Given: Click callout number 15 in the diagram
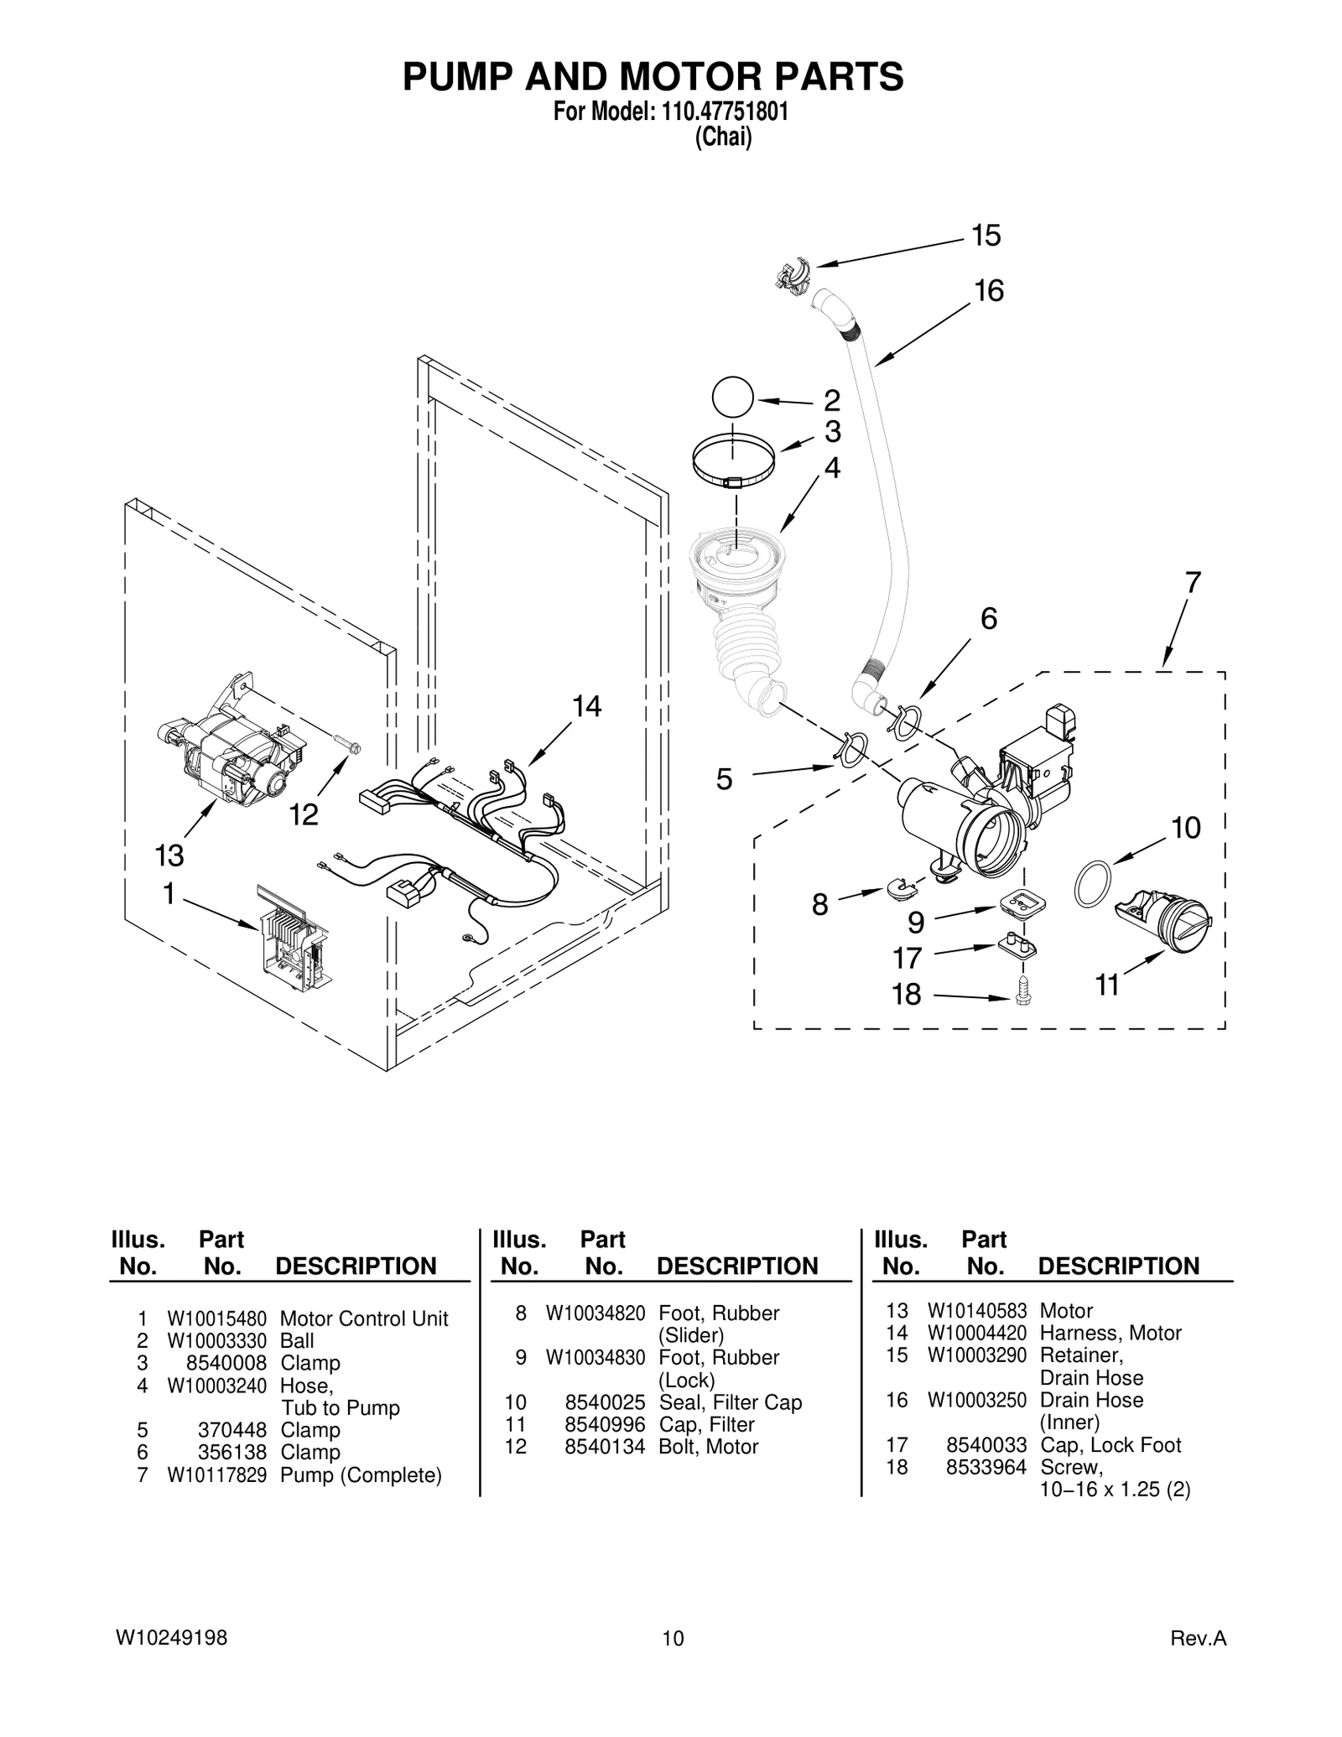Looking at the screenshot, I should click(x=986, y=236).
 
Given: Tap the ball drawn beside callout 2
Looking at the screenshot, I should click(x=732, y=397).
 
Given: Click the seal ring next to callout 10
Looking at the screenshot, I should click(x=1093, y=883).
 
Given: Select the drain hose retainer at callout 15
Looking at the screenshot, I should click(x=793, y=275).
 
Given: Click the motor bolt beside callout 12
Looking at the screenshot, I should click(x=346, y=743).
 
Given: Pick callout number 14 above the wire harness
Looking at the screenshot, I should click(x=586, y=707).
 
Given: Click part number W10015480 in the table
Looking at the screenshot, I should click(x=216, y=1319).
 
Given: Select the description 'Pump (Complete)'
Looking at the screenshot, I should click(x=361, y=1475).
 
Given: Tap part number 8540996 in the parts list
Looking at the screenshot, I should click(x=605, y=1425).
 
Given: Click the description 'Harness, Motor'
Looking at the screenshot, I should click(x=1110, y=1334).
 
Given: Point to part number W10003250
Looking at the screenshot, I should click(x=976, y=1400).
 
